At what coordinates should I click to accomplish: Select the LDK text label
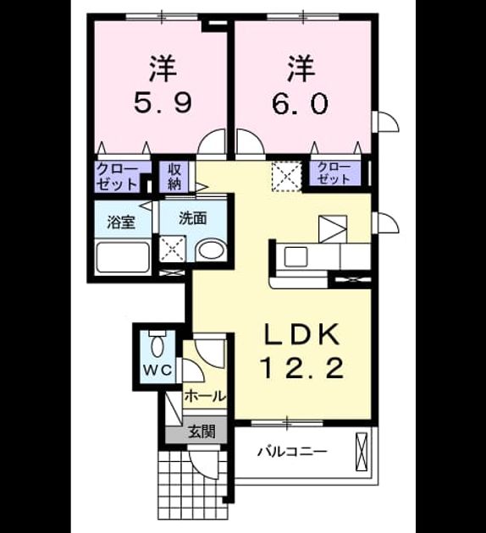click(301, 334)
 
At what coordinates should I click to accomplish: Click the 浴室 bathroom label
click(121, 222)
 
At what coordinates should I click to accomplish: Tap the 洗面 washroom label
click(192, 218)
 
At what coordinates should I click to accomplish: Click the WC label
click(157, 370)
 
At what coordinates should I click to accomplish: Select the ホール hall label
click(205, 396)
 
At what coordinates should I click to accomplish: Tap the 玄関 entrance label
click(202, 431)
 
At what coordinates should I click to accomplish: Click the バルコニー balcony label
click(292, 452)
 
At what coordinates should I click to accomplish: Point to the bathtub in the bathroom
click(123, 256)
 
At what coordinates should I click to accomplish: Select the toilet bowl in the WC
click(157, 344)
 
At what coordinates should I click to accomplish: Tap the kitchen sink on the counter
click(295, 256)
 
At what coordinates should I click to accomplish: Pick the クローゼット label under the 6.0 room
click(334, 173)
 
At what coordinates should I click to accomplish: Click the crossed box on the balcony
click(362, 452)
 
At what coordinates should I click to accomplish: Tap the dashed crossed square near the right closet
click(286, 177)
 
